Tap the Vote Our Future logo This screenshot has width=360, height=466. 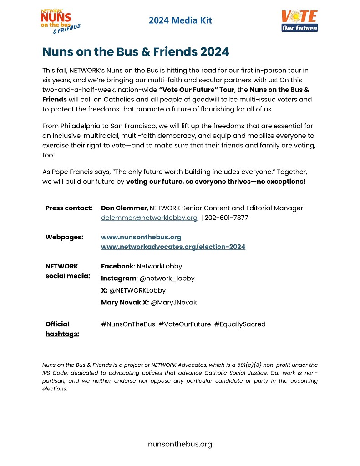(299, 21)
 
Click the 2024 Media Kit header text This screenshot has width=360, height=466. (180, 20)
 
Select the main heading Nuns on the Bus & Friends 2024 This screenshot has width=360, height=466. (136, 52)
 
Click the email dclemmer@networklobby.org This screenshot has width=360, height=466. (149, 218)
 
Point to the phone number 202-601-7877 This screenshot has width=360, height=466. (226, 218)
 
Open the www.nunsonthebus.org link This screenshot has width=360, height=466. (141, 237)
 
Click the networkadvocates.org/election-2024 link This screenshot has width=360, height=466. (173, 247)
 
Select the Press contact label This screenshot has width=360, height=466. (69, 208)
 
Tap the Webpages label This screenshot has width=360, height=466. (64, 237)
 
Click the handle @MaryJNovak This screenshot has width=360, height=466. (173, 302)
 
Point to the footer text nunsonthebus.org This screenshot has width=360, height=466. (180, 444)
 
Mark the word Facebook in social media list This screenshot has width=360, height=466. (117, 266)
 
